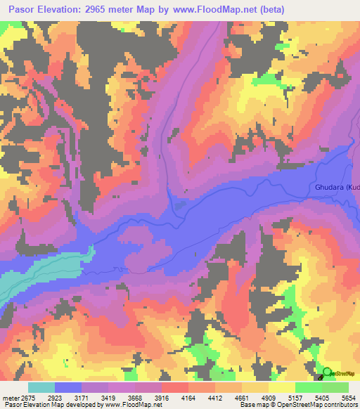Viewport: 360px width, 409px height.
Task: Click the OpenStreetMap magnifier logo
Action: (327, 372)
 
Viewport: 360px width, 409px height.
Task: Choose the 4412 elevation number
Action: (236, 397)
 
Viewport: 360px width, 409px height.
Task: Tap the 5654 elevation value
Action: (349, 397)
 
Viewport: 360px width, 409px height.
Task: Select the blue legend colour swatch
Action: (67, 387)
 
